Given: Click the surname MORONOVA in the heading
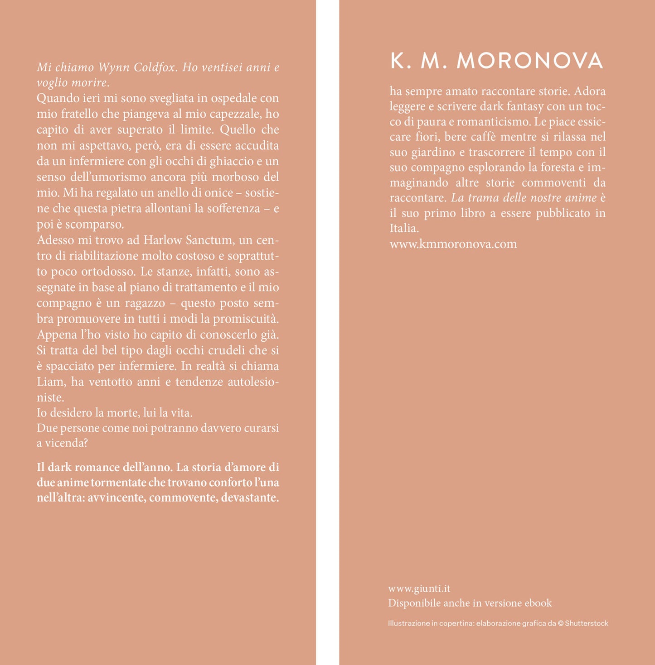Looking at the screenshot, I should (x=530, y=61).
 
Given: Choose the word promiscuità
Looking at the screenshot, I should (x=246, y=319).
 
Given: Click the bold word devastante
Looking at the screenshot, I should (x=250, y=498).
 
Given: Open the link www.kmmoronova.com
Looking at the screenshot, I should (x=453, y=244).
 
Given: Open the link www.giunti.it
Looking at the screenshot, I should (x=419, y=588).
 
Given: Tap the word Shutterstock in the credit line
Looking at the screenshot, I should (x=587, y=623).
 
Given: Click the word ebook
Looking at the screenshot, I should (x=538, y=603).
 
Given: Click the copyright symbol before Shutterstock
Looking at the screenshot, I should (x=561, y=623).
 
